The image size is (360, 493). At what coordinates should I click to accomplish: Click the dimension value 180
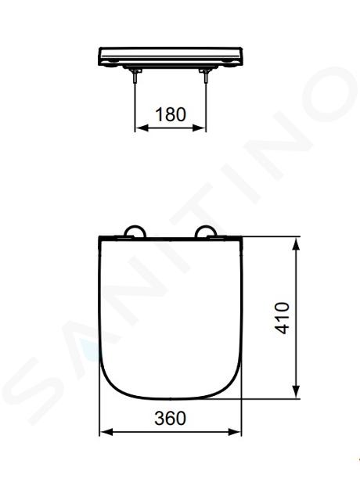click(x=171, y=114)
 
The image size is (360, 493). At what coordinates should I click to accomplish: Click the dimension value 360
click(x=170, y=419)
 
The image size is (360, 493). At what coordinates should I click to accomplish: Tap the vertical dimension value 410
click(x=283, y=318)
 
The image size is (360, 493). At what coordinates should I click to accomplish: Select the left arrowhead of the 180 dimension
click(x=142, y=128)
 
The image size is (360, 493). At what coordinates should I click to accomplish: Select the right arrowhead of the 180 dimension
click(x=200, y=128)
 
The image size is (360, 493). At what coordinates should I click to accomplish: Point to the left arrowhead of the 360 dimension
click(x=106, y=432)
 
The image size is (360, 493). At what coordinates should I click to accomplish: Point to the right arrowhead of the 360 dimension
click(x=235, y=432)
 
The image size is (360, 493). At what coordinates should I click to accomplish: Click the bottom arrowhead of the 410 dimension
click(x=296, y=392)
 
